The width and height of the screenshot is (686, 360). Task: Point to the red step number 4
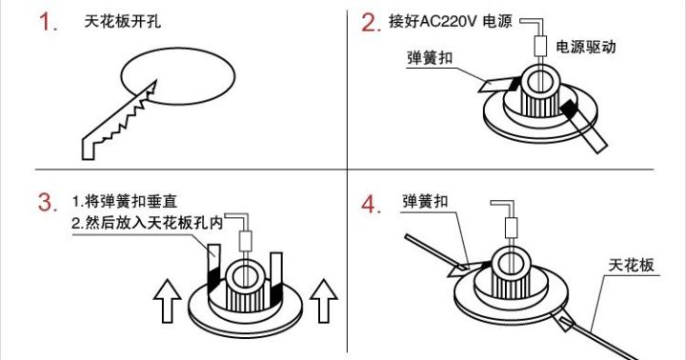click(x=372, y=203)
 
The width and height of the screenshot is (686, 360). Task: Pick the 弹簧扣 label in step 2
click(x=430, y=59)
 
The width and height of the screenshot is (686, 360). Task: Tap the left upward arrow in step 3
click(x=168, y=301)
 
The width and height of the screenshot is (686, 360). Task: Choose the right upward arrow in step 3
click(x=325, y=301)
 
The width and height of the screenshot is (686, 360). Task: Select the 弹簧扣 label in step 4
click(x=427, y=203)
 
